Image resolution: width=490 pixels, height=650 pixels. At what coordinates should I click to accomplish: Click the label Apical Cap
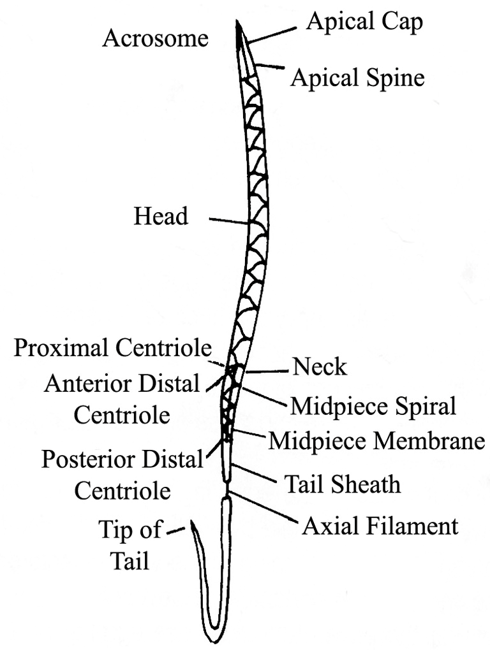364,22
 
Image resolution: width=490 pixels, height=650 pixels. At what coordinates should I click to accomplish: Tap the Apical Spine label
357,78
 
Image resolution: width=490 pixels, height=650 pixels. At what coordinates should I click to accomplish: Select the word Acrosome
156,39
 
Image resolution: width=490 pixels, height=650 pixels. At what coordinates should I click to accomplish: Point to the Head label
161,217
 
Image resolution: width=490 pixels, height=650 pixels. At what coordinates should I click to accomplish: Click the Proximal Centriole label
113,348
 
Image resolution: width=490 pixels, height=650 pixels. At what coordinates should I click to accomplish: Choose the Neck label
320,367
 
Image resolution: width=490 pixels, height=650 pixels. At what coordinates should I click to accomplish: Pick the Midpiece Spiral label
373,406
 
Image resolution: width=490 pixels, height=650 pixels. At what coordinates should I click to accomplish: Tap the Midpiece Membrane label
377,441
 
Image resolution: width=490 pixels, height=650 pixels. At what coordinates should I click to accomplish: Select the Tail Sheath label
343,484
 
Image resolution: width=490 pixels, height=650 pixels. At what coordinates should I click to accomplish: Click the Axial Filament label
380,526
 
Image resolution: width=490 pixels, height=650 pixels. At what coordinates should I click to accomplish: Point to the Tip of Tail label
130,544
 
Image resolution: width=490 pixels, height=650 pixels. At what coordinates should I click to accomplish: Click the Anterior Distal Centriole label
122,399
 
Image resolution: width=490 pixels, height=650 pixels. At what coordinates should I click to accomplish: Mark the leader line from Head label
228,220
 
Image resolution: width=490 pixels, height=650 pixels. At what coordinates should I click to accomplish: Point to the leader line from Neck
268,370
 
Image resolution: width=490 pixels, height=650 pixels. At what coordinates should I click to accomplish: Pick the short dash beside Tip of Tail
176,529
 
